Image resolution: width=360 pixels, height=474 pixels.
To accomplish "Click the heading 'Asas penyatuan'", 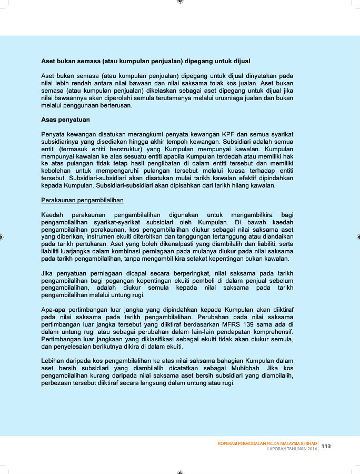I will (65, 120).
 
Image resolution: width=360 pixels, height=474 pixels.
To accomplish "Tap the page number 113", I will (326, 446).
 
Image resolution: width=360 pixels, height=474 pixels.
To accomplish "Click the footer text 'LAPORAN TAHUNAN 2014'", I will (292, 449).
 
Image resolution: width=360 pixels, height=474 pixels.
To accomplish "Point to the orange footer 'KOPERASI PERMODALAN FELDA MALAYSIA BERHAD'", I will (268, 443).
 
